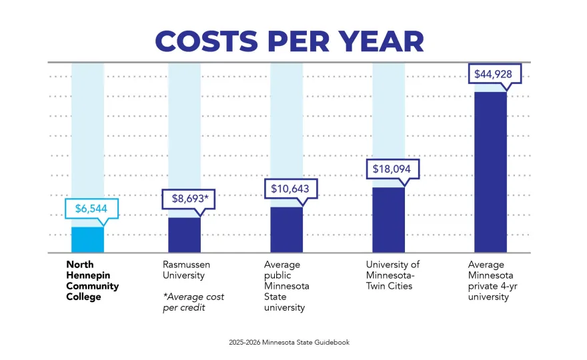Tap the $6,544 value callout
pos(91,209)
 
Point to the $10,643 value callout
pos(290,189)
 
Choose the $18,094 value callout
pos(392,169)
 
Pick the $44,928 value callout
pos(494,73)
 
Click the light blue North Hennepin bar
pos(88,240)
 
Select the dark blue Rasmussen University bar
pos(184,235)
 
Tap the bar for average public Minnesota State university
pos(286,230)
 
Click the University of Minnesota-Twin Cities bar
pos(388,220)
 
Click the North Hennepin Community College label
pos(92,281)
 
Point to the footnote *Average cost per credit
pos(193,301)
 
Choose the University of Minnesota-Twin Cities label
pos(393,275)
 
